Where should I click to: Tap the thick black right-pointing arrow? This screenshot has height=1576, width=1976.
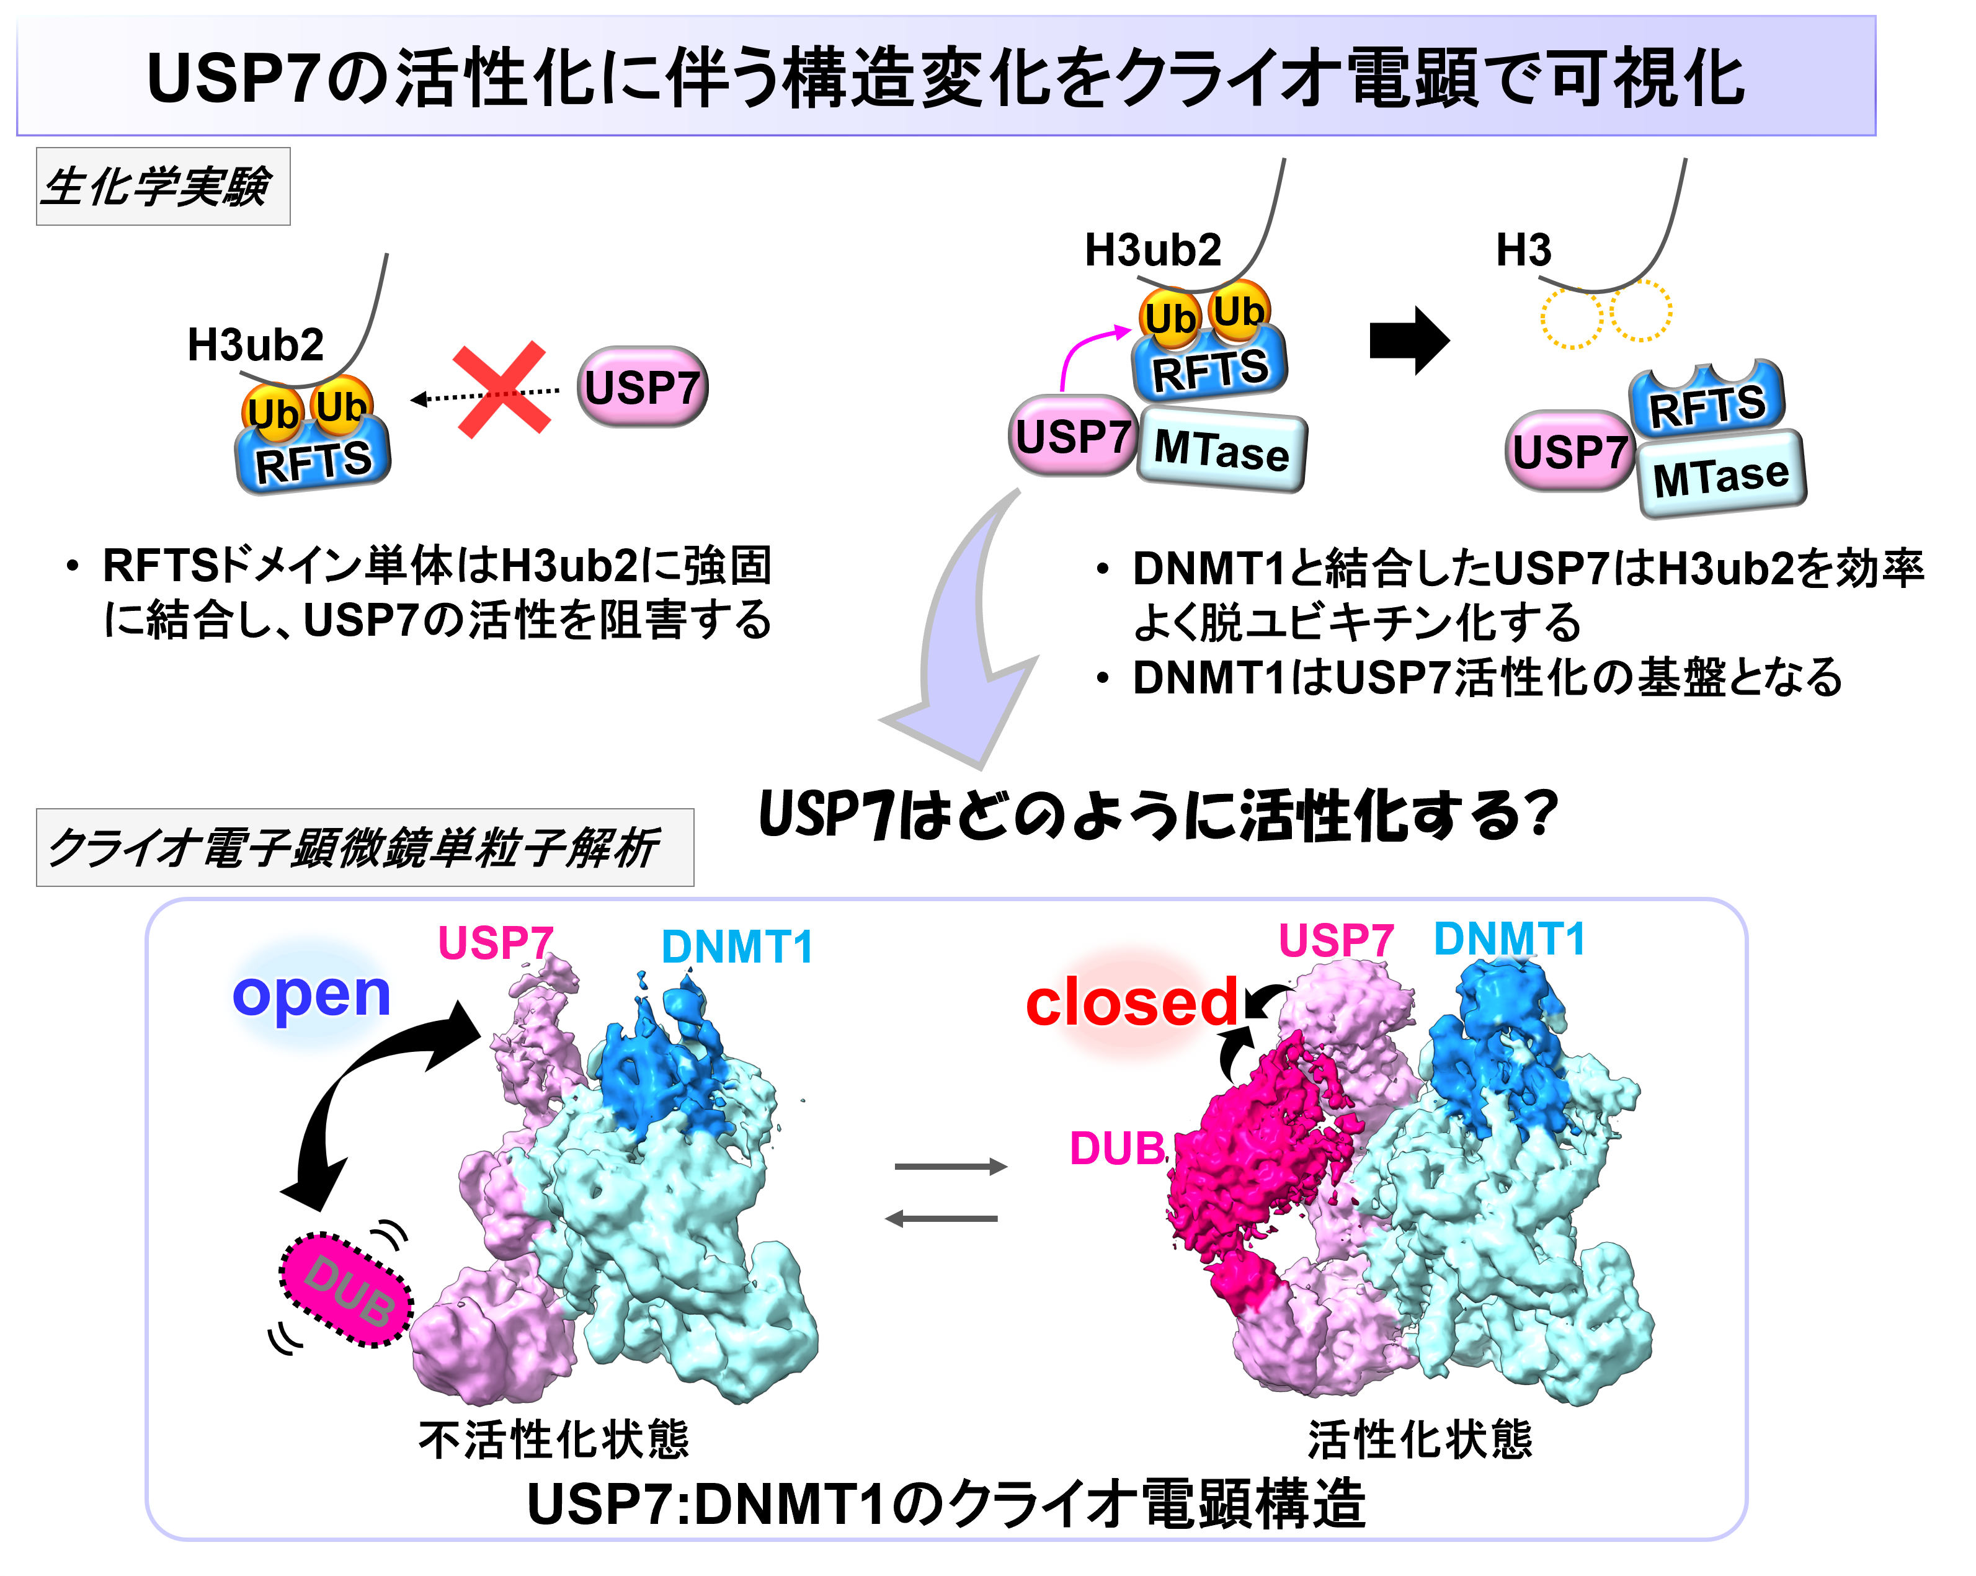tap(1409, 340)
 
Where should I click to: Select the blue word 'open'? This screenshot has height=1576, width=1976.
tap(311, 995)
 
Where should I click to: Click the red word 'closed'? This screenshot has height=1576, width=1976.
tap(1132, 1004)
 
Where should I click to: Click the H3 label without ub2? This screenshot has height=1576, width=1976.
tap(1523, 250)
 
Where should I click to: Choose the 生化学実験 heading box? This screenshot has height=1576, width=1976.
tap(163, 187)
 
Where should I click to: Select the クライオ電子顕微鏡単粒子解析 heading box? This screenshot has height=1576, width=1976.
tap(364, 848)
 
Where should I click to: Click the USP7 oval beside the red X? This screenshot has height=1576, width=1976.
tap(643, 386)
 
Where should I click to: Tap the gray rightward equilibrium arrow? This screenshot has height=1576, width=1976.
tap(950, 1167)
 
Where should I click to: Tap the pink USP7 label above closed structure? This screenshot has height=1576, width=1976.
tap(1335, 941)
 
